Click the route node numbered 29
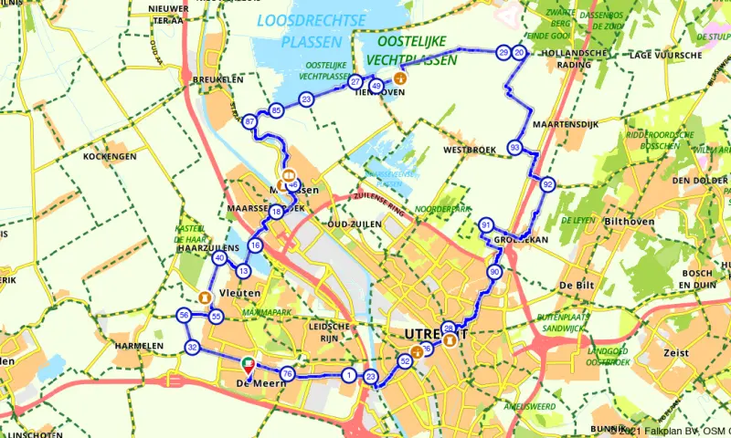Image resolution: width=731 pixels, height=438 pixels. pos(503,53)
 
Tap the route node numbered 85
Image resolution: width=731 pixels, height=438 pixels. pos(277,111)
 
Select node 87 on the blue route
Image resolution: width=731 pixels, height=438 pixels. pos(250,122)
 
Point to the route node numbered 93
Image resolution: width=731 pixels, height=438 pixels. pos(516,148)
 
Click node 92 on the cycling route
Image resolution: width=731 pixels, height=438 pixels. pos(547,184)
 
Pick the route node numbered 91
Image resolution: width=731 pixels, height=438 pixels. pos(486,225)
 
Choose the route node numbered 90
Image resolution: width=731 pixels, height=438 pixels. pos(495,272)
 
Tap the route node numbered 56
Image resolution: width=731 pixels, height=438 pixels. pos(184,316)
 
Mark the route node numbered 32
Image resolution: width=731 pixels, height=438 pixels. pos(192,348)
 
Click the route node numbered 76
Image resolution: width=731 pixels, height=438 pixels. pos(287,374)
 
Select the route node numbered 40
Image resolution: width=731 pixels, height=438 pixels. pos(219,258)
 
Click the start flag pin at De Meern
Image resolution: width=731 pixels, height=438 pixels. pos(248,366)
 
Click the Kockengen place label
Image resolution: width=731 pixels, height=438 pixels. pos(109,157)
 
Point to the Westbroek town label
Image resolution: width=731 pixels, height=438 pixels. pos(467,150)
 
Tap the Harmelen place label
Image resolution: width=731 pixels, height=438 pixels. pos(139,346)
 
